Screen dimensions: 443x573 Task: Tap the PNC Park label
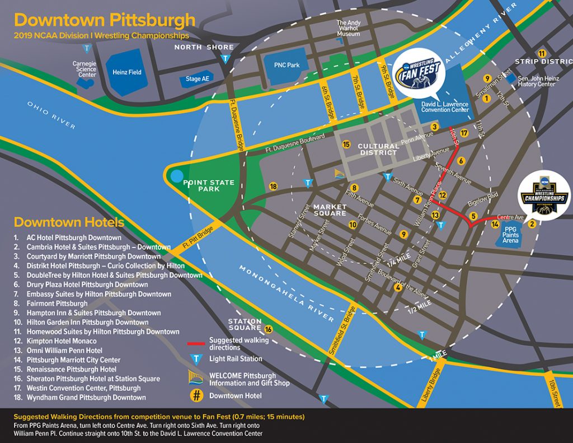tap(286, 65)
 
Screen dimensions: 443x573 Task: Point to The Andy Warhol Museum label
tap(348, 29)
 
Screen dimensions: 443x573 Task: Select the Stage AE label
tap(197, 79)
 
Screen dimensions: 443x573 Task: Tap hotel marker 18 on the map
tap(273, 186)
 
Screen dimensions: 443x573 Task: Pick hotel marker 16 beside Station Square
tap(268, 329)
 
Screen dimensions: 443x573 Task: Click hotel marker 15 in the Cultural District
tap(346, 144)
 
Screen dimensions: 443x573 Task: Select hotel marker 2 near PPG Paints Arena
tap(532, 223)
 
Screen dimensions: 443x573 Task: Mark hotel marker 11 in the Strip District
tap(541, 53)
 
